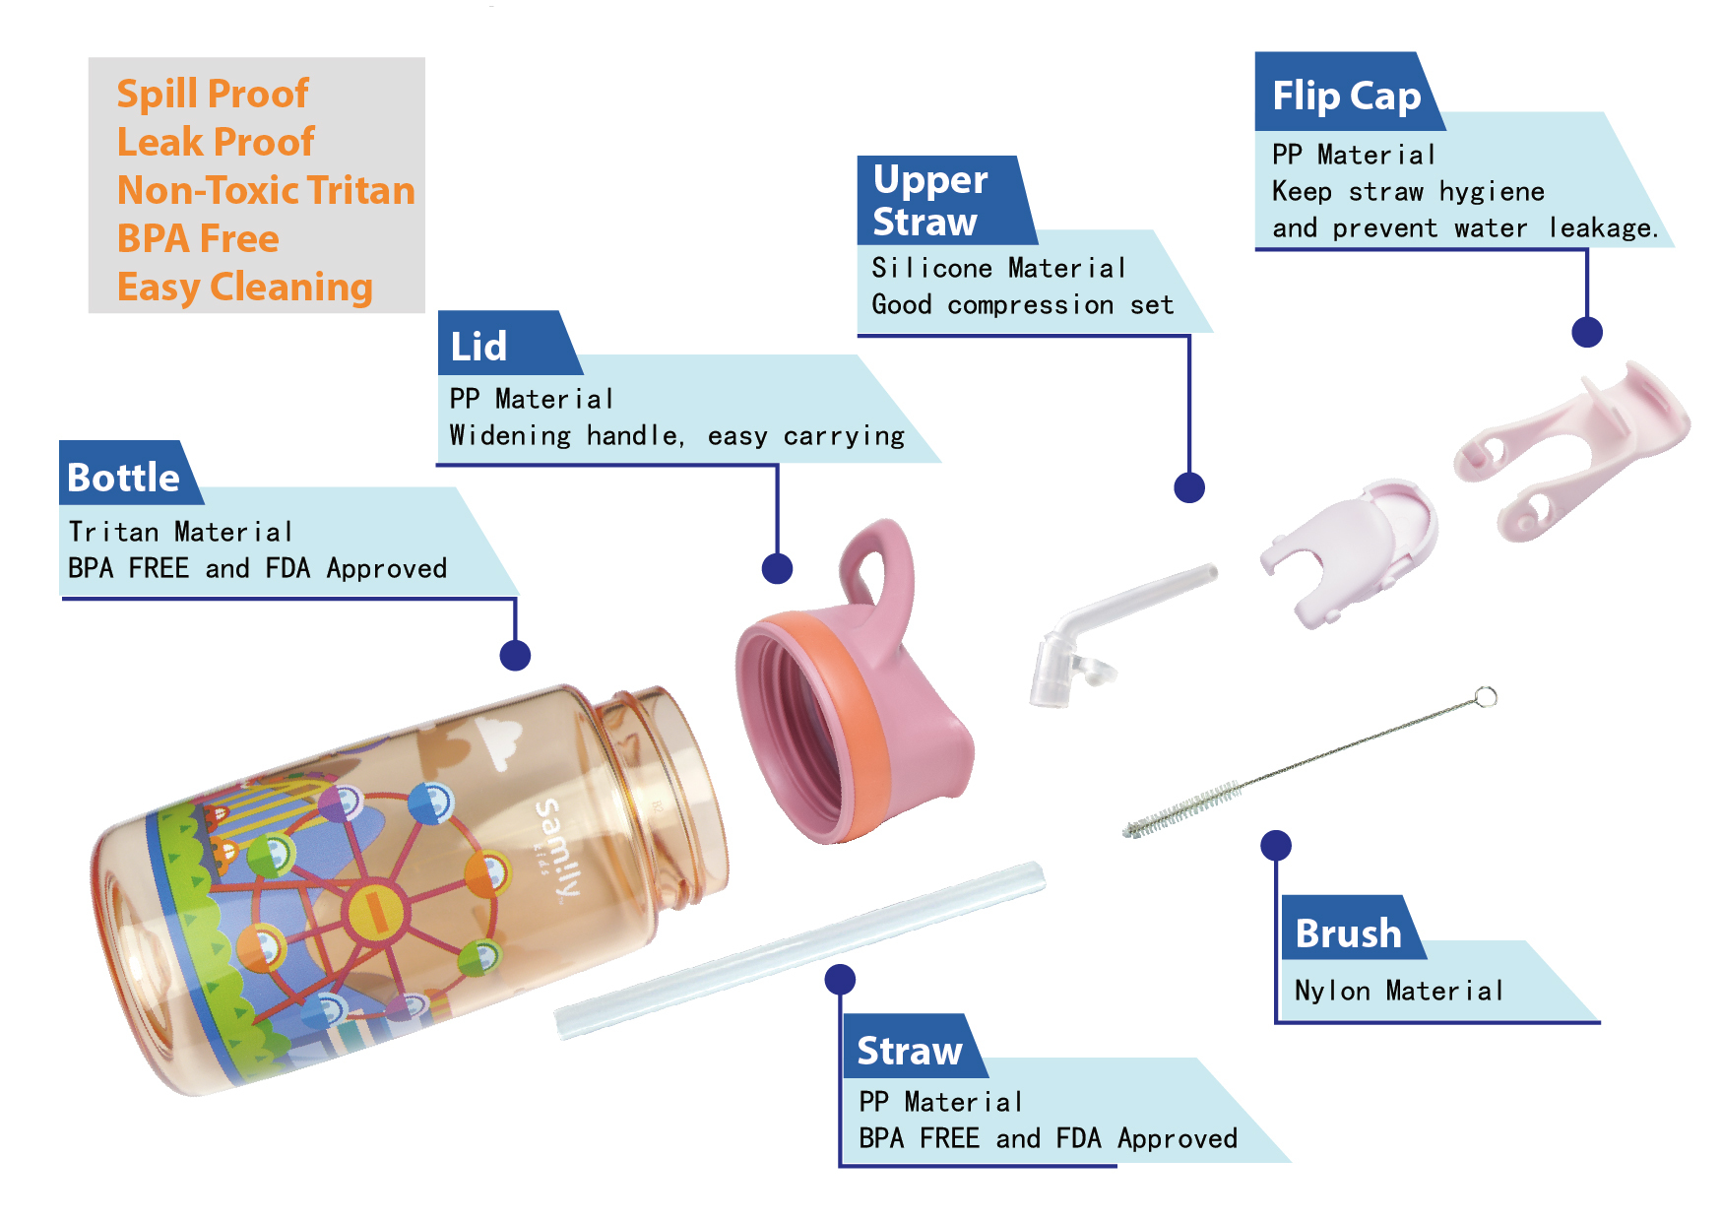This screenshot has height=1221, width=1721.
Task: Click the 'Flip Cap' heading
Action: (x=1346, y=96)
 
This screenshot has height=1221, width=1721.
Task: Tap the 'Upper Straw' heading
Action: (x=929, y=201)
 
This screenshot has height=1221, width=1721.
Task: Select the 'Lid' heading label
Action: (x=478, y=347)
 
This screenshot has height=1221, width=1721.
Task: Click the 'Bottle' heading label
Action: (x=124, y=478)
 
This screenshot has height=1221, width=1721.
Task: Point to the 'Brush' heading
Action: (x=1348, y=933)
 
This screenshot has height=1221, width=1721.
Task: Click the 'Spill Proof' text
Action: (x=213, y=95)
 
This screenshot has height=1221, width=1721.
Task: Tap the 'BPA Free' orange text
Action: (x=198, y=239)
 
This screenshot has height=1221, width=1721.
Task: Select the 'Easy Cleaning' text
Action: (x=245, y=288)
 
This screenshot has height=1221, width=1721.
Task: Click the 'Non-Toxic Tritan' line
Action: (x=266, y=191)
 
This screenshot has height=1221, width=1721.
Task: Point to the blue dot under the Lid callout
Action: (x=777, y=568)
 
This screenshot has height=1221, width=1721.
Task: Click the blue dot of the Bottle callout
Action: (x=515, y=656)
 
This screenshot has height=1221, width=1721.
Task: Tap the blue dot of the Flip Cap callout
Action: (x=1587, y=332)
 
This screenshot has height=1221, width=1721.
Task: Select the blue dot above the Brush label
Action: (x=1276, y=845)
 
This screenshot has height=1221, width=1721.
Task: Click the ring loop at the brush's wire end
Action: (x=1486, y=697)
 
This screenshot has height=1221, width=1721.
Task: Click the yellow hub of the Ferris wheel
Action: (x=375, y=911)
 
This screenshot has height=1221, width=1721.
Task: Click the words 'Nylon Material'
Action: (x=1398, y=991)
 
